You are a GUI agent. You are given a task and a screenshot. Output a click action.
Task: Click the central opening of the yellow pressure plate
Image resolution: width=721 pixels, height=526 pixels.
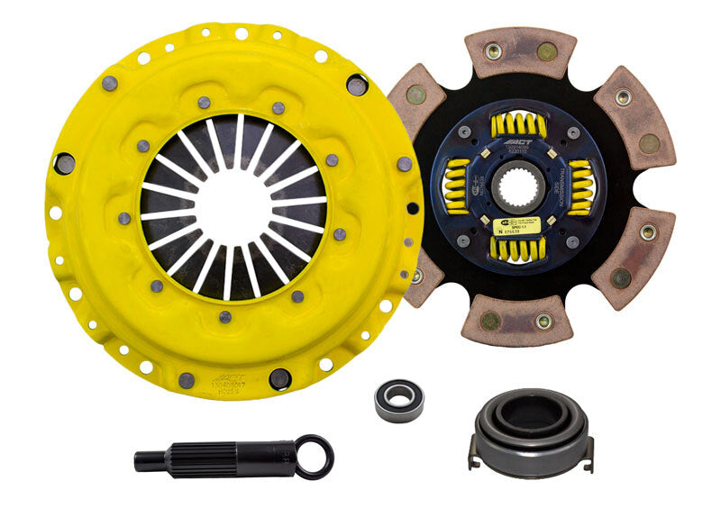point(232,206)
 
